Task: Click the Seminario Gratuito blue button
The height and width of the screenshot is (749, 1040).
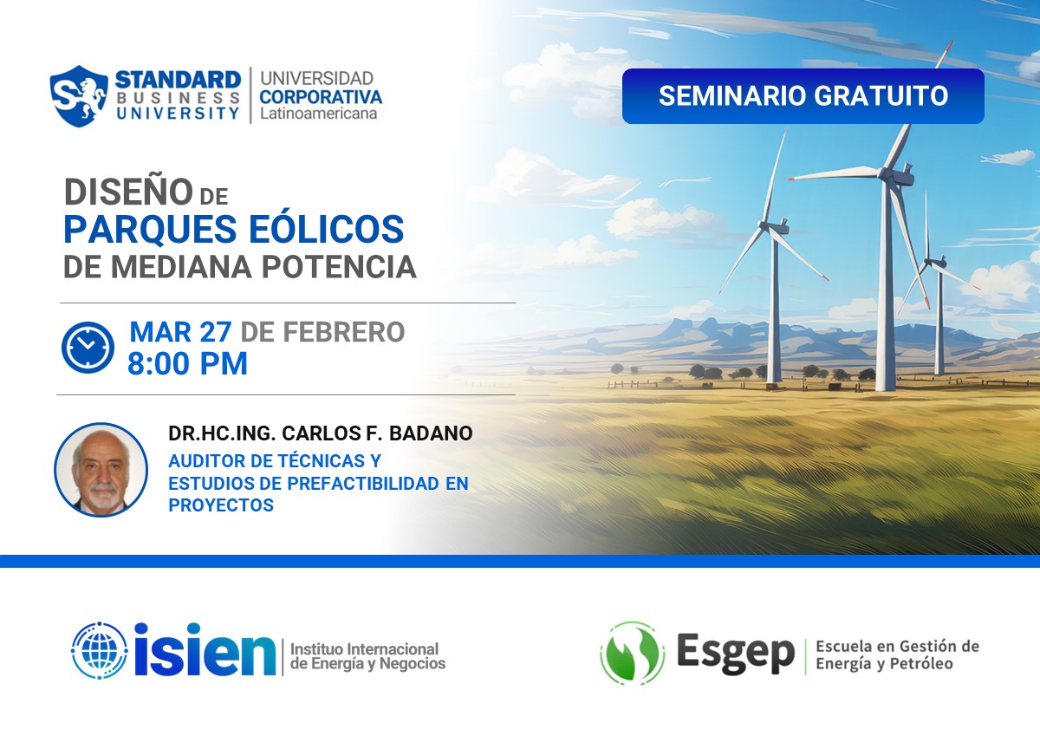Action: pos(803,96)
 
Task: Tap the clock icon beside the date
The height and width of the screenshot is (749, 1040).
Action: pos(88,348)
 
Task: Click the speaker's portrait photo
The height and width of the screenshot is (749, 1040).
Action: pos(101,470)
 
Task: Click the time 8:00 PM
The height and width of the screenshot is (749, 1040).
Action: pos(187,363)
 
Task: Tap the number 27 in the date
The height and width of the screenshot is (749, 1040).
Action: pos(217,332)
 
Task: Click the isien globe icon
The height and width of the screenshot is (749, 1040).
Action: pos(100,650)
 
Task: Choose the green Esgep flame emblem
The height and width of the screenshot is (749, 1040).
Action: pos(632,653)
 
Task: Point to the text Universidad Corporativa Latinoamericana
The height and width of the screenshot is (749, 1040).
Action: pos(321,95)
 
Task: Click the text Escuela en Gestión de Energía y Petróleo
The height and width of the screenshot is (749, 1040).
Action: pos(896,655)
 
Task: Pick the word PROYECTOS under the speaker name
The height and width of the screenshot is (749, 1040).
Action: pos(221,505)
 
